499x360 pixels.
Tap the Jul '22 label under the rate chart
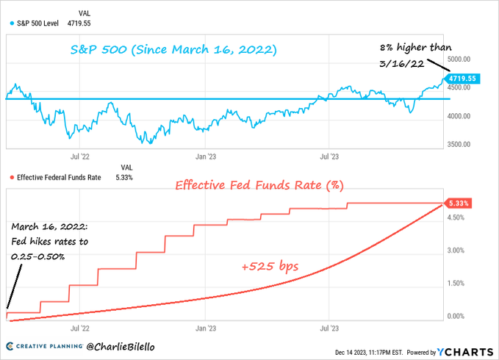pyautogui.click(x=79, y=330)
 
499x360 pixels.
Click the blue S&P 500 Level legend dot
pyautogui.click(x=11, y=23)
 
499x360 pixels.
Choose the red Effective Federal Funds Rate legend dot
pyautogui.click(x=11, y=177)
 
